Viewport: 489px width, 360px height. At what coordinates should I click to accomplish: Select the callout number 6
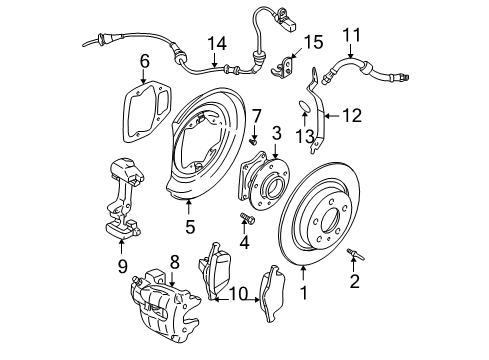[x=145, y=60]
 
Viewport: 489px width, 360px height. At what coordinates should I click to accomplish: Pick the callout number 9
[x=122, y=267]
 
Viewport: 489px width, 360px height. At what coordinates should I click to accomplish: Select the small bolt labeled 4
[x=246, y=218]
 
